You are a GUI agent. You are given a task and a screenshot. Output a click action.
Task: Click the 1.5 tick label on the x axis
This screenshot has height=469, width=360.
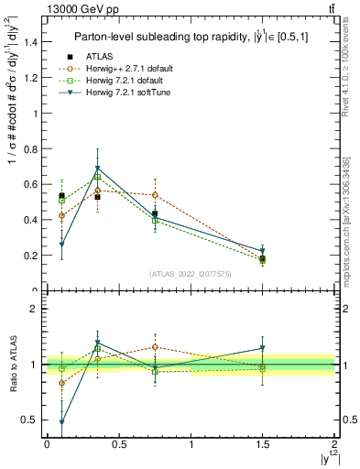click(x=262, y=444)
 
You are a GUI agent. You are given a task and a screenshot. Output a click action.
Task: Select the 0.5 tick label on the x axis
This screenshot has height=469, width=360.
click(x=118, y=444)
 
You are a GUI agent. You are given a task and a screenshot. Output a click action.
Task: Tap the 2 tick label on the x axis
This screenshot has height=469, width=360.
click(x=334, y=444)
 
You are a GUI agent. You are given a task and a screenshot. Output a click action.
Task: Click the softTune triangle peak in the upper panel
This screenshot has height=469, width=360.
click(x=97, y=169)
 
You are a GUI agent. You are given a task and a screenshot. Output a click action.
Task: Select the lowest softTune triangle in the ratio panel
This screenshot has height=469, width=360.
click(x=61, y=422)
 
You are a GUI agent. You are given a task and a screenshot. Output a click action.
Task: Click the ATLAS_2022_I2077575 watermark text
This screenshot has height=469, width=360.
click(x=191, y=274)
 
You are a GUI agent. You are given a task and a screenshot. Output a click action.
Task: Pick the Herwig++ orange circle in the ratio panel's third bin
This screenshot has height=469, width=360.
click(x=155, y=347)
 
